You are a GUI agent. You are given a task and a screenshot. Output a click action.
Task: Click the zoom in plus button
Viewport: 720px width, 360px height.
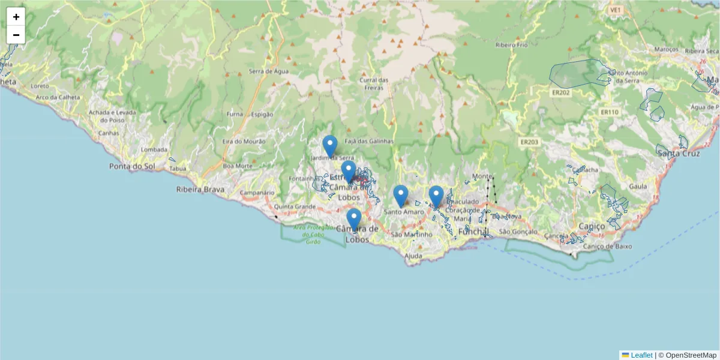[x=16, y=17]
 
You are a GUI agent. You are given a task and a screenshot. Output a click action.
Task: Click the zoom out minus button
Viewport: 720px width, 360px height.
[x=16, y=35]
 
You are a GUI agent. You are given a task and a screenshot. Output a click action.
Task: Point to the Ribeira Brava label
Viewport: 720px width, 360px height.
[x=200, y=190]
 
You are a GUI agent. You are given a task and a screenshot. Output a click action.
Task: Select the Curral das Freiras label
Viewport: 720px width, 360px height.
[x=374, y=83]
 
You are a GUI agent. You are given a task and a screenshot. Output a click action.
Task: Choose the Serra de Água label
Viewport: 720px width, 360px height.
[x=269, y=71]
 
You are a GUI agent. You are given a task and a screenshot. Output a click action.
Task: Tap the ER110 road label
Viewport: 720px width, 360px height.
[x=608, y=112]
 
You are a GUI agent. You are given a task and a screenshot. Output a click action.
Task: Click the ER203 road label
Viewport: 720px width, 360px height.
[x=529, y=142]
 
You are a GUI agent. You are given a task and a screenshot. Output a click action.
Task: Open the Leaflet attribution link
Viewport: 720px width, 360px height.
[x=641, y=355]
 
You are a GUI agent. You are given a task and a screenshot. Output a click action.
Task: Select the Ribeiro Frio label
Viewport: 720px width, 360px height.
[x=511, y=45]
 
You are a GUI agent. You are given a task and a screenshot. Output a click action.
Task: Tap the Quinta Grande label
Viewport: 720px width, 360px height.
[x=295, y=206]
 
